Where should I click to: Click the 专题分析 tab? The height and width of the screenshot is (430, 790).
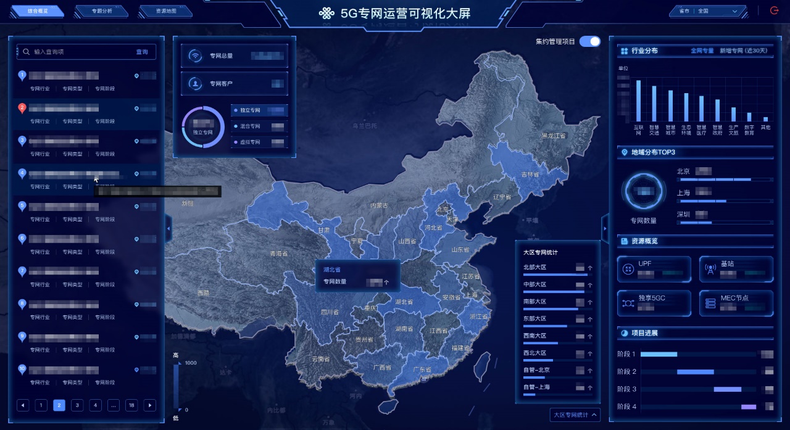click(x=102, y=11)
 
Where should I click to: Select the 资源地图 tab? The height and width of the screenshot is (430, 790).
click(x=165, y=11)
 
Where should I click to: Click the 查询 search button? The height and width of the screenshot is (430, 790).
click(x=142, y=52)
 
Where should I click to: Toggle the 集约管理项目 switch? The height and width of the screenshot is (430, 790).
click(x=590, y=41)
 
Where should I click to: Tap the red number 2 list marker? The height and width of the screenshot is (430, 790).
click(x=22, y=107)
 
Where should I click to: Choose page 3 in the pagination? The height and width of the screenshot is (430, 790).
click(x=77, y=405)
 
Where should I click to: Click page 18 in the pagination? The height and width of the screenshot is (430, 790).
click(x=131, y=405)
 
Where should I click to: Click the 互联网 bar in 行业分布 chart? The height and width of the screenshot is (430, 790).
click(x=638, y=101)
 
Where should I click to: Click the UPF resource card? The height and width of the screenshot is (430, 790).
click(x=654, y=268)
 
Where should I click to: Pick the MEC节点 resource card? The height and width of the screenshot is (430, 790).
click(x=736, y=303)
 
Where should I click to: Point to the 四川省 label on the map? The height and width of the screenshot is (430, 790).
click(x=330, y=312)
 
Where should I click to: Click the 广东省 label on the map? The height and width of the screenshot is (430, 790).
click(x=422, y=370)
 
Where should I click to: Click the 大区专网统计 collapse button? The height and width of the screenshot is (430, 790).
click(x=575, y=415)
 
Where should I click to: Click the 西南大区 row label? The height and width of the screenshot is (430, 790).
click(x=534, y=336)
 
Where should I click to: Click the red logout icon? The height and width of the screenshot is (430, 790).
click(x=774, y=10)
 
